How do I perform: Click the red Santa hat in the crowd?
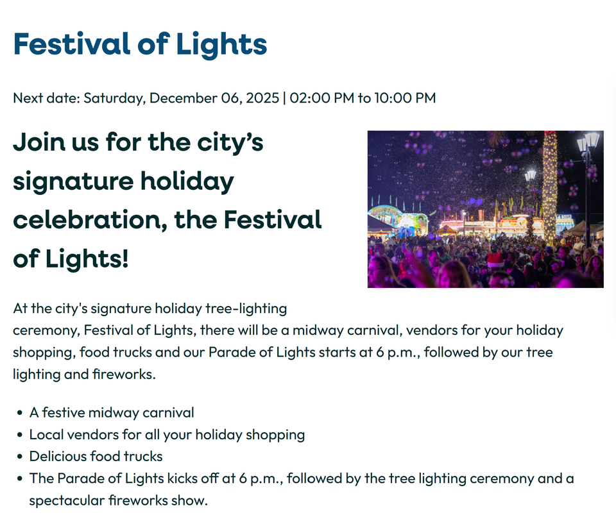(495, 259)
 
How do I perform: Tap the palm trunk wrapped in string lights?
(549, 186)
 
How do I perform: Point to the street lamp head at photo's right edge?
(588, 142)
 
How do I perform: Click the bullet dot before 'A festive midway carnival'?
(21, 413)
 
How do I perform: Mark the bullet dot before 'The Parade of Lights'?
(21, 478)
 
